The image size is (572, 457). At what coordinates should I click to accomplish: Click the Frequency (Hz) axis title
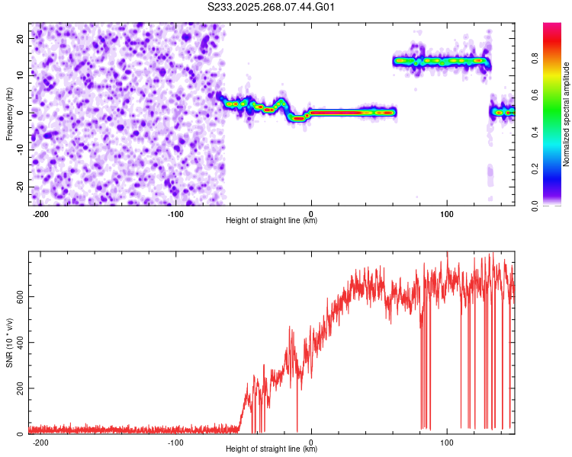click(9, 113)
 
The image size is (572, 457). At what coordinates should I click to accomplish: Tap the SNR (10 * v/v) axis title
click(9, 342)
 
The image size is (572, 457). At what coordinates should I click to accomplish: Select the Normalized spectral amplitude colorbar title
click(567, 113)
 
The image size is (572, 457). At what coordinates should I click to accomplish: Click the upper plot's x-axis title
click(272, 221)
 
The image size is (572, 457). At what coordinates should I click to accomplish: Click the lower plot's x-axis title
click(272, 449)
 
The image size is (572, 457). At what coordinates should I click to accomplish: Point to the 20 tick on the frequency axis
click(21, 37)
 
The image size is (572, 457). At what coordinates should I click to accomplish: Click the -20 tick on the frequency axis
click(19, 187)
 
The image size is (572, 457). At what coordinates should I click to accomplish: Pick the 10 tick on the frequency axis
click(21, 75)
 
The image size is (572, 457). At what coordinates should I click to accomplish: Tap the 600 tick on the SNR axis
click(18, 296)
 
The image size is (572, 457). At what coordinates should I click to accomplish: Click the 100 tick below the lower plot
click(447, 442)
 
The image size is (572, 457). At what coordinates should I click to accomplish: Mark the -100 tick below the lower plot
click(175, 442)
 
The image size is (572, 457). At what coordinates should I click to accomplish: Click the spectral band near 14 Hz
click(441, 60)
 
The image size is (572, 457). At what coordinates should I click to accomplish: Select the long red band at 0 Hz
click(351, 112)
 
